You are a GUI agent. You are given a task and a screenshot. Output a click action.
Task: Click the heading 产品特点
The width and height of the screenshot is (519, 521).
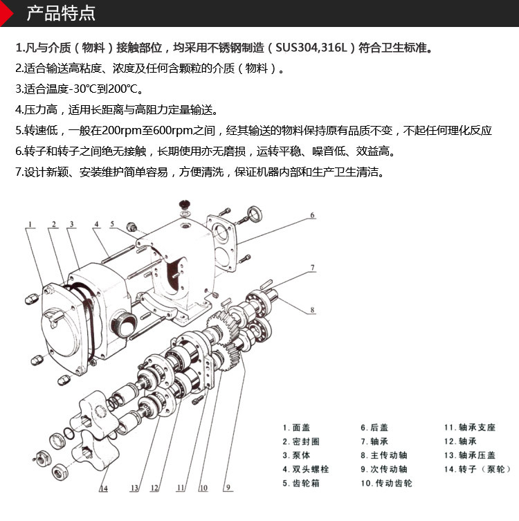(61, 13)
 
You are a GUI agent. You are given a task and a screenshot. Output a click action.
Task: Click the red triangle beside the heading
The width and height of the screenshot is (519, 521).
(7, 13)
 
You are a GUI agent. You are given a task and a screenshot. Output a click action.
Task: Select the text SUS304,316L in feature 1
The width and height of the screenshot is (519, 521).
(313, 48)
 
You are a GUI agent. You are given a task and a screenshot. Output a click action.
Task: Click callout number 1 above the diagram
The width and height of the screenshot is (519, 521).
(31, 223)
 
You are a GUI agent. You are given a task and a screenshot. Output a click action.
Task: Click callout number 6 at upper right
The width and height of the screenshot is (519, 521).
(312, 216)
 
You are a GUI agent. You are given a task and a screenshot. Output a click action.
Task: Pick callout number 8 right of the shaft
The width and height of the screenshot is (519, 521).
(312, 311)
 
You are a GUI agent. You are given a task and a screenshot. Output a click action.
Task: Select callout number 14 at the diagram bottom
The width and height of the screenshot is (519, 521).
(103, 489)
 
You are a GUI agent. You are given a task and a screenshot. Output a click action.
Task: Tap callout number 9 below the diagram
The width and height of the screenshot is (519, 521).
(227, 488)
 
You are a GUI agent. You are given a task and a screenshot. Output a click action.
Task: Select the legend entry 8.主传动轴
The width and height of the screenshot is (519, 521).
(383, 455)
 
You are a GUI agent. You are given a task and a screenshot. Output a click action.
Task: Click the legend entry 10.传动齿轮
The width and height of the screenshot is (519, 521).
(386, 483)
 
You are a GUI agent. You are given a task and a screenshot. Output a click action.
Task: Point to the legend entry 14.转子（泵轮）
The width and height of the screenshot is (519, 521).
(477, 469)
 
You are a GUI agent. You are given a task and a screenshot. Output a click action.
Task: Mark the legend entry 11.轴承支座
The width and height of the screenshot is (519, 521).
(470, 428)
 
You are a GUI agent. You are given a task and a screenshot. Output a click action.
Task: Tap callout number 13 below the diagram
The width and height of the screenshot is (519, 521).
(134, 488)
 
